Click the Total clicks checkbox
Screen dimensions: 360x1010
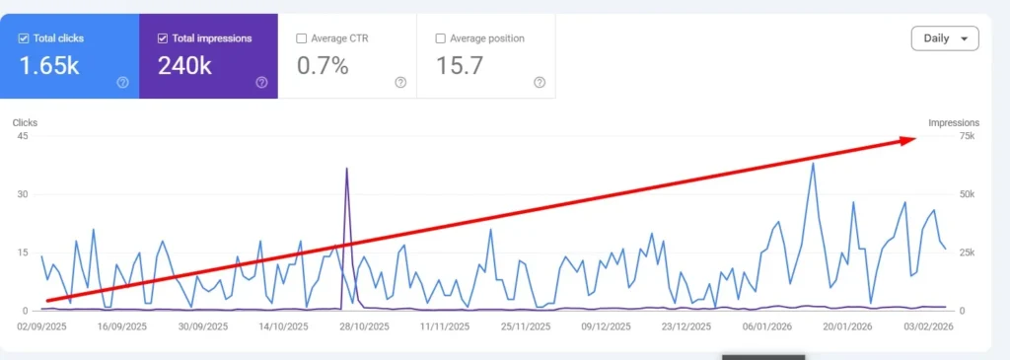pos(25,38)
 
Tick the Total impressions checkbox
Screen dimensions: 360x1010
pos(164,38)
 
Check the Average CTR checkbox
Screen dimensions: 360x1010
pos(302,38)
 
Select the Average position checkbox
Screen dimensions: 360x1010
pos(440,38)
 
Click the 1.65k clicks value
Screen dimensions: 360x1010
pos(48,66)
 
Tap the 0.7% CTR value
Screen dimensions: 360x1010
pos(323,66)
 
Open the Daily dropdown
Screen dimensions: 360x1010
pos(944,38)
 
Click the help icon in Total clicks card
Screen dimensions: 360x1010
pos(122,82)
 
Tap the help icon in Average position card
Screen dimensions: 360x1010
pos(540,82)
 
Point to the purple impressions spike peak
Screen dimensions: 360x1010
pos(347,169)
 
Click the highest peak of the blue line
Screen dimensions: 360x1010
pos(813,163)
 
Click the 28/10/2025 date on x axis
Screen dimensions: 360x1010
pos(361,325)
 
